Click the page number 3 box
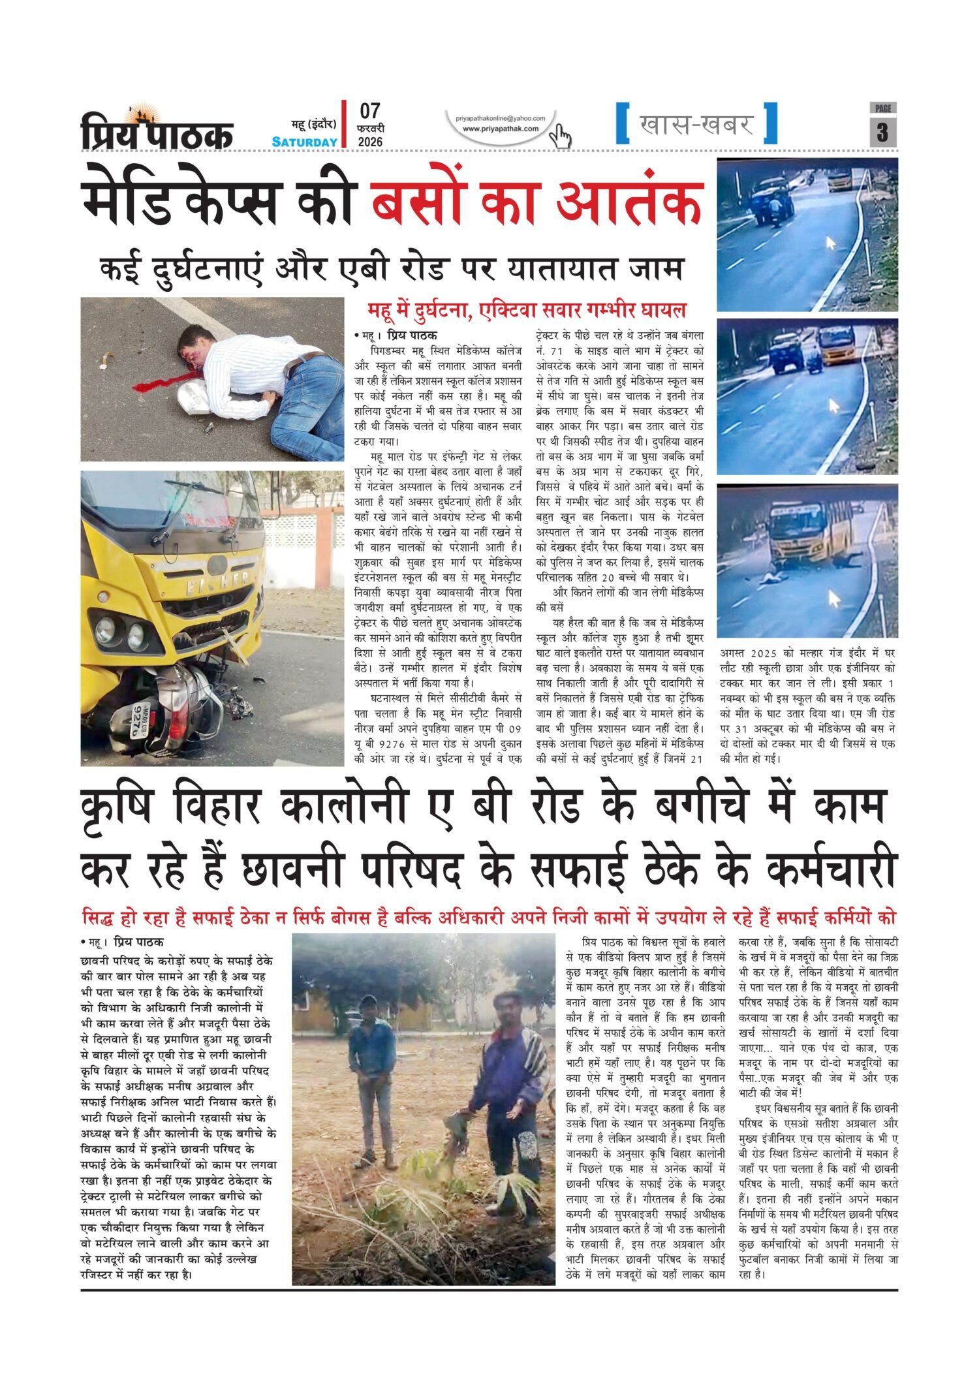[x=882, y=132]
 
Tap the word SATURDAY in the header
[x=305, y=142]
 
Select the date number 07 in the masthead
[x=369, y=110]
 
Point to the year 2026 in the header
[x=370, y=142]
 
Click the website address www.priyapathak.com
[x=501, y=129]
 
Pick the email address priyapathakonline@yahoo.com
[x=501, y=118]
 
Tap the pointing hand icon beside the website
[x=559, y=136]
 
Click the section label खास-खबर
[x=696, y=124]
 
